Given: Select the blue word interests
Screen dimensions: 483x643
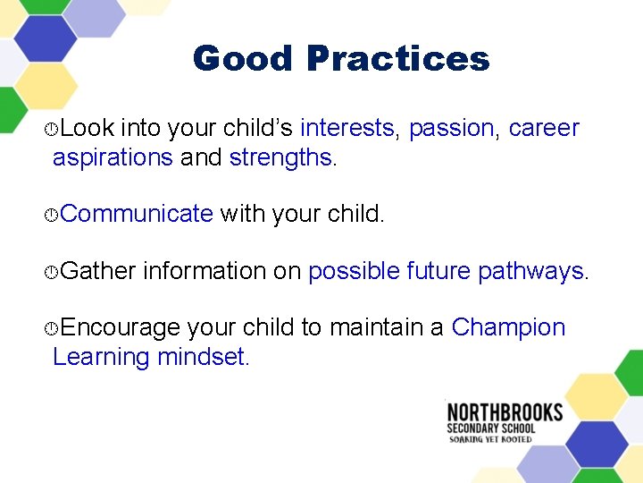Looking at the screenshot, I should tap(347, 128).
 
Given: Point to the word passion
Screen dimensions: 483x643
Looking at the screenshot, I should tap(450, 128).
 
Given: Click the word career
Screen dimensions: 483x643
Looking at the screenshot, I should tap(544, 128).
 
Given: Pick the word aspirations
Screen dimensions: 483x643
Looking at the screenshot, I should tap(113, 158).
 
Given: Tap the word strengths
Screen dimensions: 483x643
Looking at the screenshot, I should tap(280, 157).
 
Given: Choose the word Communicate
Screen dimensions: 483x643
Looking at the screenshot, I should tap(138, 214).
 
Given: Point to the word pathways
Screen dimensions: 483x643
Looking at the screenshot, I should tap(530, 271).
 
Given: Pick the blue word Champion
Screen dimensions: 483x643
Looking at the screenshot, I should tap(508, 327).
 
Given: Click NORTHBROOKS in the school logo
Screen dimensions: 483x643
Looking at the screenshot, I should tap(505, 412).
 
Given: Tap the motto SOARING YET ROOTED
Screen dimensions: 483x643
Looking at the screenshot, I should tap(491, 439).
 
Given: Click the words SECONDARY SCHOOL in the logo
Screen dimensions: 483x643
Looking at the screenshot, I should tap(491, 428).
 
